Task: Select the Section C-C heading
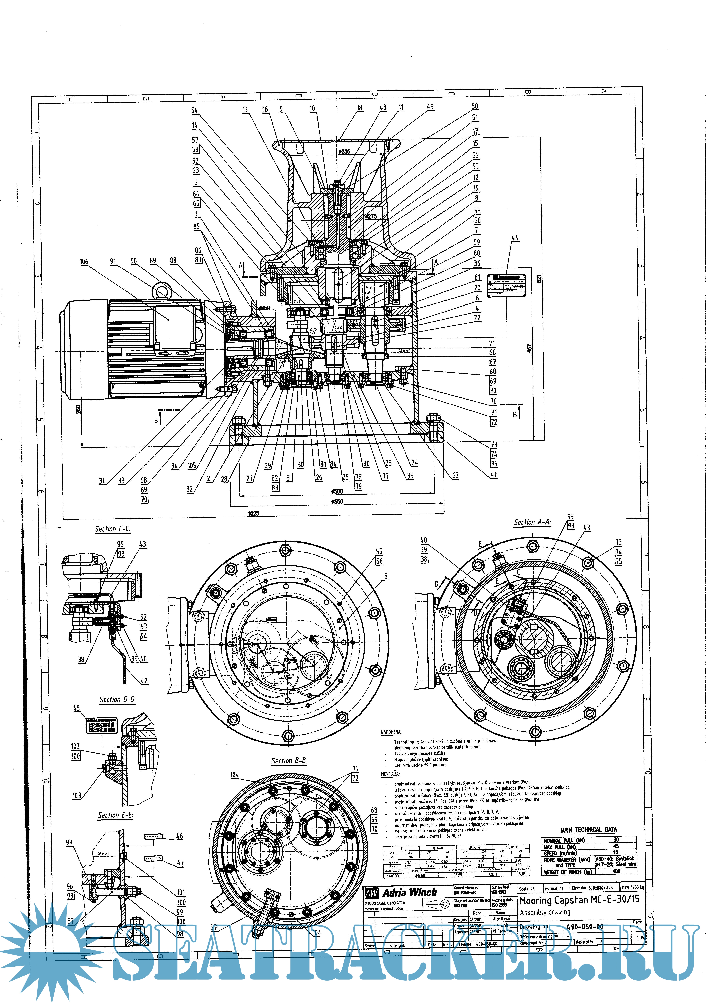coord(112,529)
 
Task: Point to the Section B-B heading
coord(289,761)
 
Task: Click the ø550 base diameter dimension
coord(337,502)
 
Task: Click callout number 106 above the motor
coord(84,262)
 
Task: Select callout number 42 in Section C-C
coord(144,681)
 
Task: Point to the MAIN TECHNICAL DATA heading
coord(588,829)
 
